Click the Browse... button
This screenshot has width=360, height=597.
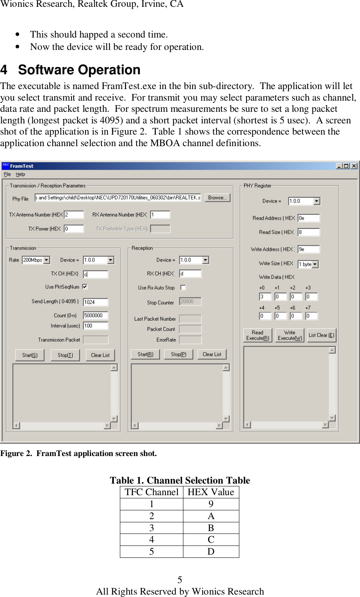click(x=217, y=198)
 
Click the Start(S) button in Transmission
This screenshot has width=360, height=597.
click(x=30, y=355)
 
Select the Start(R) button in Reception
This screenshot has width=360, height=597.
click(x=145, y=354)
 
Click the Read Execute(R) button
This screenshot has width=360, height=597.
click(x=258, y=335)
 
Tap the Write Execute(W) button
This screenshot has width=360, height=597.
click(x=290, y=335)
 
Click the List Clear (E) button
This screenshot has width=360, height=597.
click(x=322, y=335)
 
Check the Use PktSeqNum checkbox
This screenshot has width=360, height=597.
click(x=85, y=287)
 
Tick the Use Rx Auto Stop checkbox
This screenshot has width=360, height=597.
click(x=183, y=288)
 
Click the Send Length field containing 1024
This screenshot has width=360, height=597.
click(x=95, y=302)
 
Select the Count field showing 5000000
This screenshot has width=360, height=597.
click(x=95, y=315)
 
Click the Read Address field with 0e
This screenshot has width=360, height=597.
click(x=308, y=218)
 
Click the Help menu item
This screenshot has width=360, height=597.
click(x=20, y=175)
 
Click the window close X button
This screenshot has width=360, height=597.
click(x=354, y=166)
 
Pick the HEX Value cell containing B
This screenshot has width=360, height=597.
click(x=211, y=528)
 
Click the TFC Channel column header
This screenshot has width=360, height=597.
click(x=152, y=492)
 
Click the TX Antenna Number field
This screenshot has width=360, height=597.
click(x=74, y=215)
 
